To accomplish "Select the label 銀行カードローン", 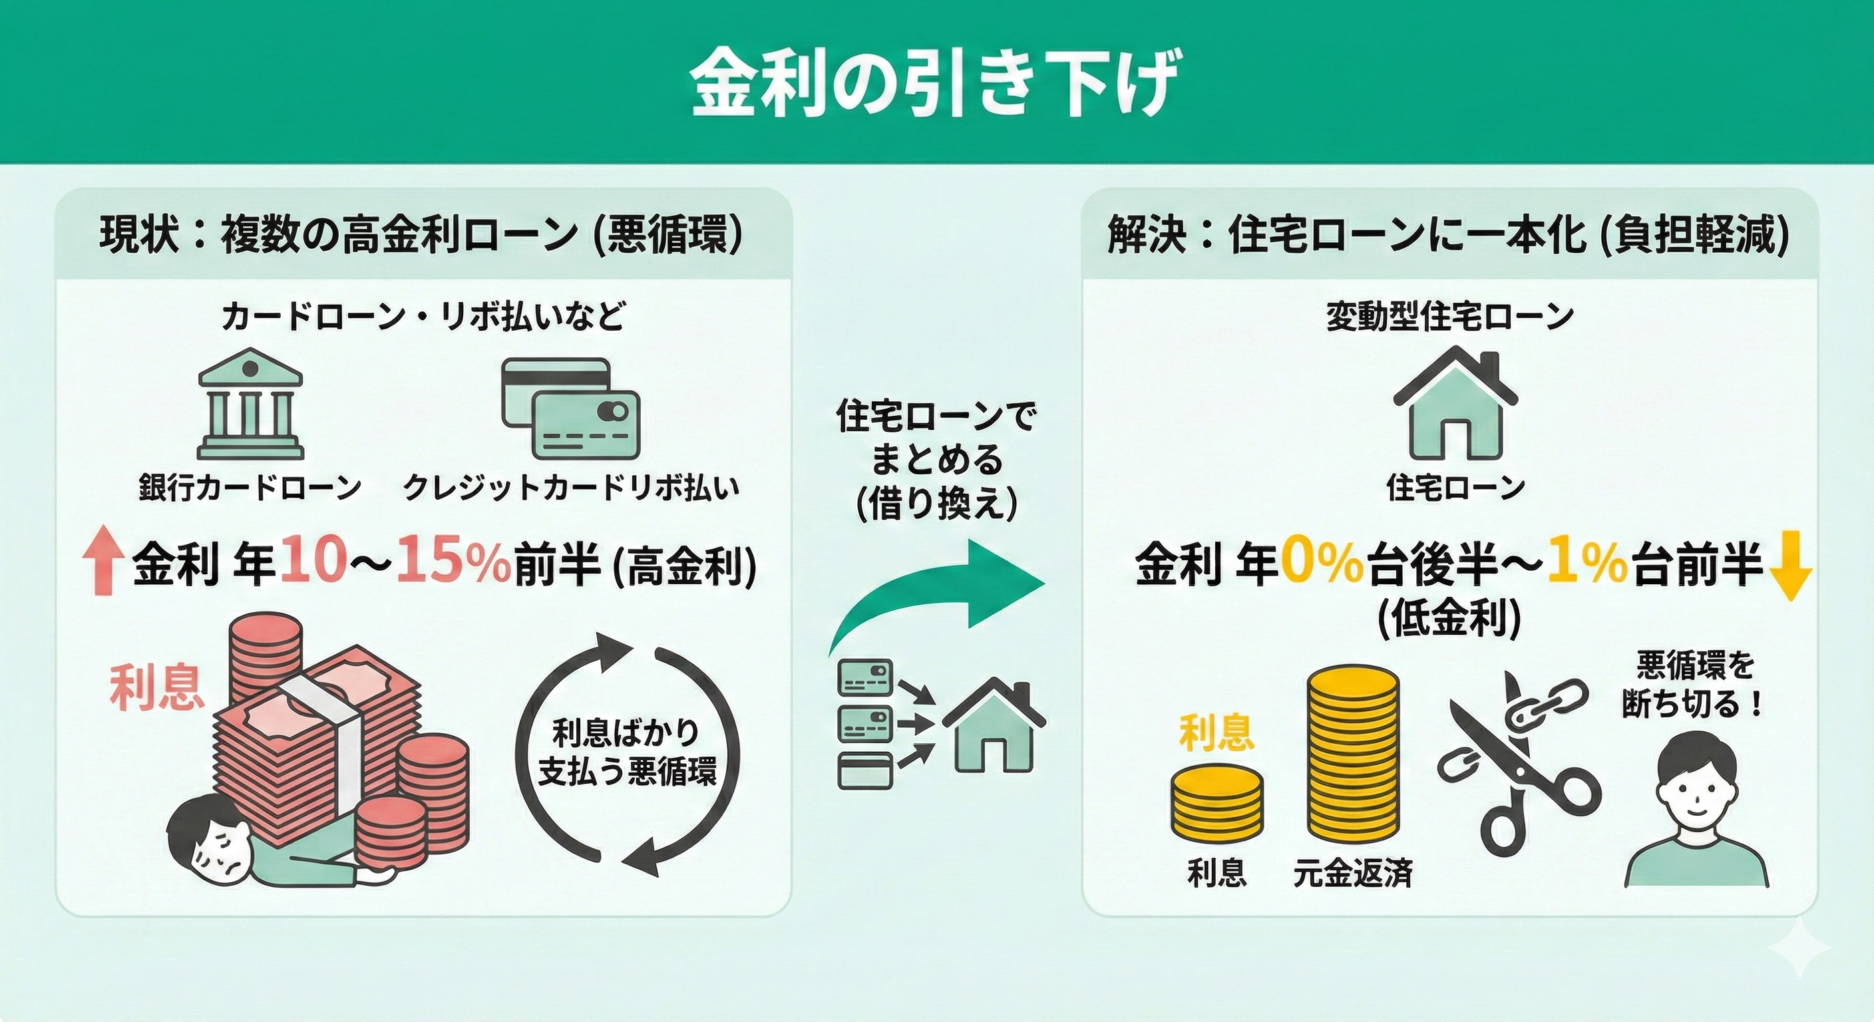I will tap(250, 487).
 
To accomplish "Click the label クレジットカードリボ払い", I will tap(571, 487).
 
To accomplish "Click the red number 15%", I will tap(453, 564).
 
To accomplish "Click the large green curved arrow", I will tap(938, 590).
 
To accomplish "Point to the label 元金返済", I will tap(1352, 874).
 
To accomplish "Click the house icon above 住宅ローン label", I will tap(1454, 411).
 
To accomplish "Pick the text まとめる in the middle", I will tap(937, 460).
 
